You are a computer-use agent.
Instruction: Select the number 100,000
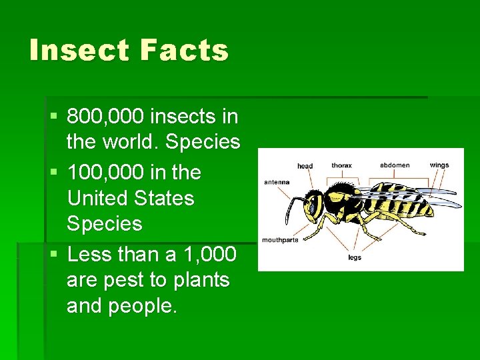click(105, 172)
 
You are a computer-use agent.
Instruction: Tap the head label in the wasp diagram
click(305, 165)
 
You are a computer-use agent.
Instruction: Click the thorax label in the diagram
click(341, 165)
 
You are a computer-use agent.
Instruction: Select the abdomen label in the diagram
click(395, 165)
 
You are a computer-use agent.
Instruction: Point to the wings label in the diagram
click(439, 165)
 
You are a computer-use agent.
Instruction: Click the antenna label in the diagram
click(277, 181)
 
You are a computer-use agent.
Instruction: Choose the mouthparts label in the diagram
click(280, 240)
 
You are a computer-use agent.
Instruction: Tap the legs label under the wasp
click(354, 257)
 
